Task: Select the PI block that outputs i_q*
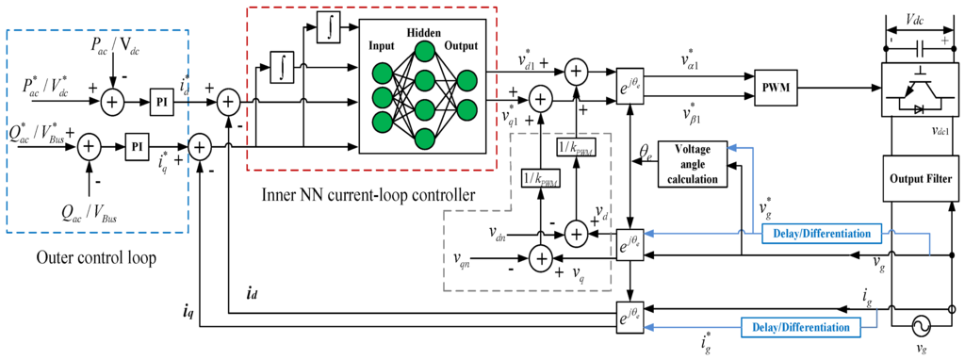137,147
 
